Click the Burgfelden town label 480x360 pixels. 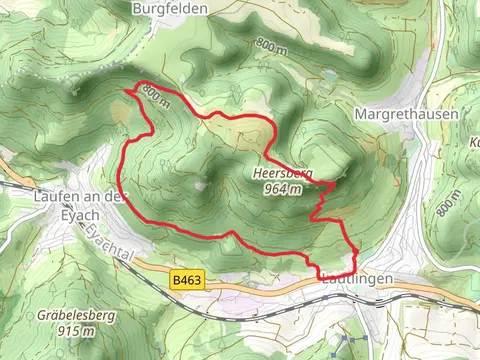coord(172,8)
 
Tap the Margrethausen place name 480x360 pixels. coord(406,115)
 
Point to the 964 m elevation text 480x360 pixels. coord(283,188)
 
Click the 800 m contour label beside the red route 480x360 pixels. coord(152,96)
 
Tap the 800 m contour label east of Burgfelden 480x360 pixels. coord(270,45)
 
